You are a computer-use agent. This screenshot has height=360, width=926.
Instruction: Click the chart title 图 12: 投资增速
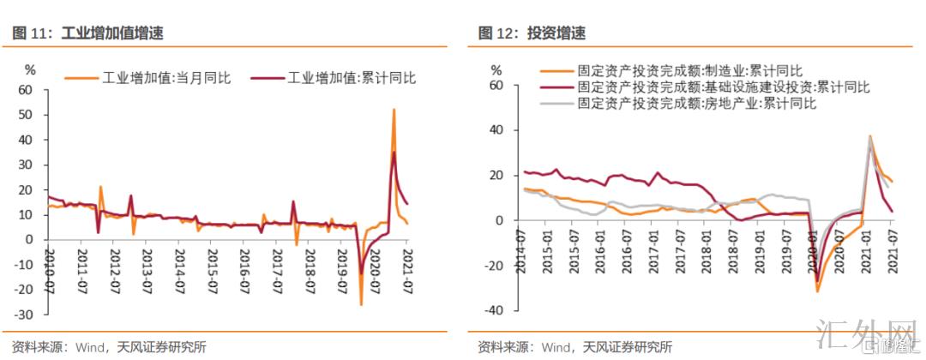[532, 33]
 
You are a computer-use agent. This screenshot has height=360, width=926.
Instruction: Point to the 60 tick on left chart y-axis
[25, 90]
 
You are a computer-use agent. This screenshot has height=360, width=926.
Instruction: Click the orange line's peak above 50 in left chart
[394, 110]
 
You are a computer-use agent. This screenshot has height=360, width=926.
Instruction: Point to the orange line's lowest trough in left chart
[361, 304]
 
